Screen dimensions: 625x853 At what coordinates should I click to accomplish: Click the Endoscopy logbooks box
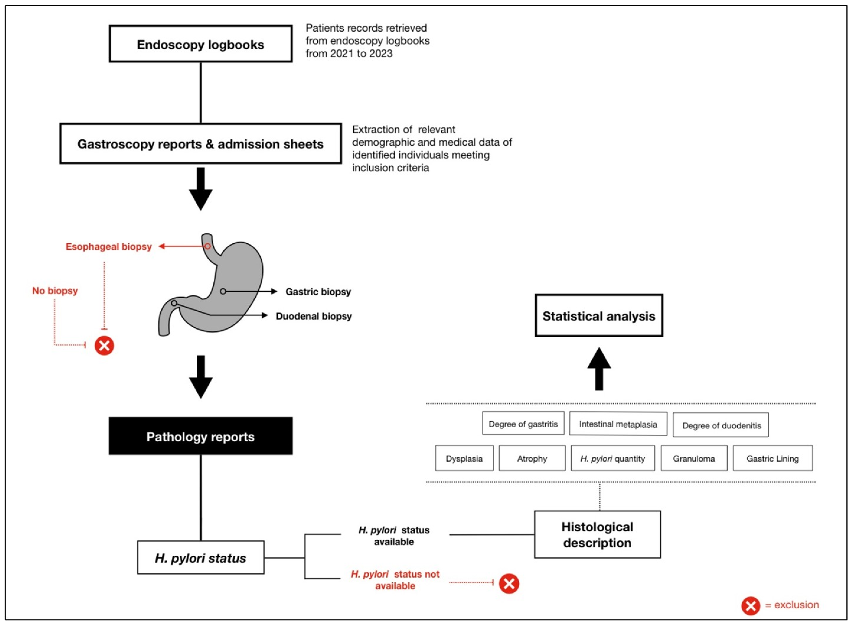point(200,44)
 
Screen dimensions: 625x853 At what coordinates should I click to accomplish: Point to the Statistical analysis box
point(599,315)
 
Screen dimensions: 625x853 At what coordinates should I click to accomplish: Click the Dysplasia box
point(464,458)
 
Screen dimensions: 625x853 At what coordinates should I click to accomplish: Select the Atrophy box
point(532,458)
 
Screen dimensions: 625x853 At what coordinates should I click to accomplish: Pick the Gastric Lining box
point(772,458)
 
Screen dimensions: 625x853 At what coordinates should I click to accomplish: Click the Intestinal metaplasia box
point(618,424)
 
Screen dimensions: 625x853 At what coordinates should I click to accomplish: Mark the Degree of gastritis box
point(523,423)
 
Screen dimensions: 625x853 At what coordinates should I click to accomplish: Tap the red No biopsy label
point(55,291)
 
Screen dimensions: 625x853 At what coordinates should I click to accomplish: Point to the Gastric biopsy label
point(318,292)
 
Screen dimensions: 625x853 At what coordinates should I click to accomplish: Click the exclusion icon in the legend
point(750,606)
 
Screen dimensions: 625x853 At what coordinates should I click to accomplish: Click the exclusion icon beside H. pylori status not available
point(509,583)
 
